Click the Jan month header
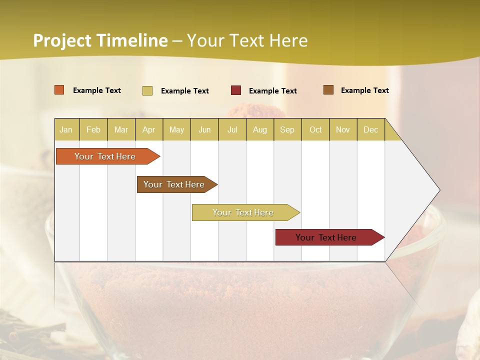click(66, 129)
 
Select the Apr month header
click(148, 129)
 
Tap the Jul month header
click(232, 129)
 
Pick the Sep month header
click(287, 129)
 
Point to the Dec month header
click(370, 129)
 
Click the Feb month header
click(93, 129)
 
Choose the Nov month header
click(342, 129)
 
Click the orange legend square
click(59, 90)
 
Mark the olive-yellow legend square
click(147, 90)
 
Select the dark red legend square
click(236, 90)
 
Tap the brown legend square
click(328, 90)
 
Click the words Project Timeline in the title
click(100, 40)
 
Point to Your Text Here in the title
click(247, 40)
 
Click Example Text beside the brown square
click(364, 90)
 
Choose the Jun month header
click(204, 129)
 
